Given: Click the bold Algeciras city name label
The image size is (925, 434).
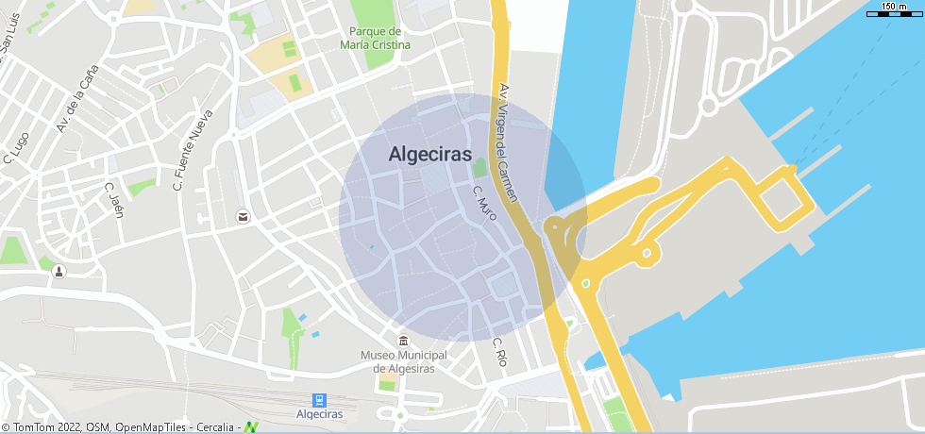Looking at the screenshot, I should point(429,156).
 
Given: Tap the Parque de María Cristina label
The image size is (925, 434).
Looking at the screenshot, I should point(376,39).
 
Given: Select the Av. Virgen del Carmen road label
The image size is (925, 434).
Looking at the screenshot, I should point(507,142).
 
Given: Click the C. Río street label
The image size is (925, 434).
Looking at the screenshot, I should point(500,352).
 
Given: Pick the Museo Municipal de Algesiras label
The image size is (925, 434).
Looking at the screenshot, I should point(404,361).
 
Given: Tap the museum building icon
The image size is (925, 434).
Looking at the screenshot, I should point(404,341).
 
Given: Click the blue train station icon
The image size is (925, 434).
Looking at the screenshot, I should point(319,400).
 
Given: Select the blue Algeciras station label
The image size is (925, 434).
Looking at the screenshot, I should point(319,414).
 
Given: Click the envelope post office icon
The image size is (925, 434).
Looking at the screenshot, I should point(243,217).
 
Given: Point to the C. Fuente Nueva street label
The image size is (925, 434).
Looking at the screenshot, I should point(193,150).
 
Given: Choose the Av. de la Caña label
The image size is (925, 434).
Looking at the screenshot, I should point(77,104).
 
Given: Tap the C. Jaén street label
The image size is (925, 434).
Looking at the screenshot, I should point(114,199).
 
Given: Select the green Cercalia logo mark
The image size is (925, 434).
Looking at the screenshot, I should point(251,427).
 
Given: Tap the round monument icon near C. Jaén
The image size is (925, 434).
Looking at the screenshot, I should point(59,272).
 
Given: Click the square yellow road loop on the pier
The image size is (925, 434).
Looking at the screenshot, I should point(785,199).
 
